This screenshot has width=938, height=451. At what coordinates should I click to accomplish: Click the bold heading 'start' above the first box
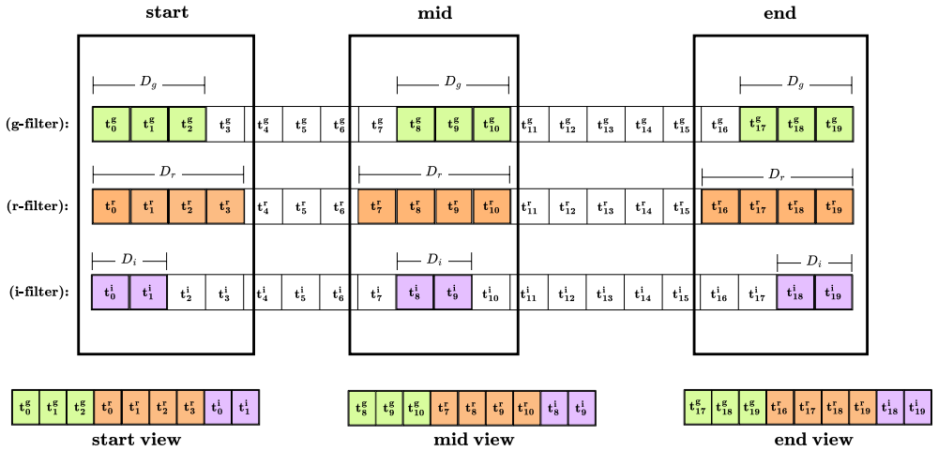point(167,13)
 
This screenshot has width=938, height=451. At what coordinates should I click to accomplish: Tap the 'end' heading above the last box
point(780,13)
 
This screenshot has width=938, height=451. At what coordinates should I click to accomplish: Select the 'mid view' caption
point(473,440)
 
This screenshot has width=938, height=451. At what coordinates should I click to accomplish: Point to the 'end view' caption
point(812,440)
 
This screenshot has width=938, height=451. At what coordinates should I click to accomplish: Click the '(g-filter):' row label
point(37,125)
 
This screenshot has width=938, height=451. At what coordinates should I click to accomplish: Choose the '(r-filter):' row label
point(38,206)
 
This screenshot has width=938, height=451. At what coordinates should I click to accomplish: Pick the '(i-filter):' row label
point(38,293)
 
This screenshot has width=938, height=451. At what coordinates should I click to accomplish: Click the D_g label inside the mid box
point(453,83)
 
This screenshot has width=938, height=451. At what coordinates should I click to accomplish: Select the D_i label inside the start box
point(129,261)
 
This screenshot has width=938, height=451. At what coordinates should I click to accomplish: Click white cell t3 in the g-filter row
point(225,125)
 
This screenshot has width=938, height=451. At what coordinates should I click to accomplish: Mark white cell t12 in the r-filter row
point(567,207)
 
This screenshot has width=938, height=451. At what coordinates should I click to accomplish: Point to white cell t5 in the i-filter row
point(301,293)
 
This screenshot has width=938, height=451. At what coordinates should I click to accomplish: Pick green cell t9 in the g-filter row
point(454,125)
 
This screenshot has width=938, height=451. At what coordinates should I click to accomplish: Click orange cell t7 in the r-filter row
point(377,207)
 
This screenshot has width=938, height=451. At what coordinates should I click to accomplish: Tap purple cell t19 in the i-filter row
point(834,293)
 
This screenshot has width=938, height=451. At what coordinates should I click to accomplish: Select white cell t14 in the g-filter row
point(643,125)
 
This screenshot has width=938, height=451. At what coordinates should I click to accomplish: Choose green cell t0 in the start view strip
point(25,407)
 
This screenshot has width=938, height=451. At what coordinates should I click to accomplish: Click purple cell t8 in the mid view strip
point(554,407)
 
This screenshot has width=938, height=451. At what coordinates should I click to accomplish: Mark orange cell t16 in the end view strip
point(780,407)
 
